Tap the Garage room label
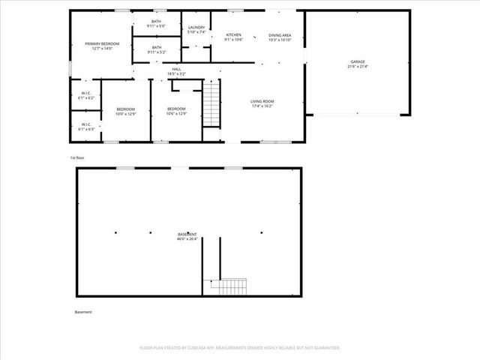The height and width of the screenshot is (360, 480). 358,61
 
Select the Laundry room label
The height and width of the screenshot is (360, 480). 196,29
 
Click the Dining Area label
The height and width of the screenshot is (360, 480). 280,35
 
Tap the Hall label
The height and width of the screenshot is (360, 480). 176,70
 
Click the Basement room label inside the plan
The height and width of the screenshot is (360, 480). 187,234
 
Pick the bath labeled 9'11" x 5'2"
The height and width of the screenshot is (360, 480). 156,49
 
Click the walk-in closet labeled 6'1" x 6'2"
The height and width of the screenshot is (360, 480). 85,95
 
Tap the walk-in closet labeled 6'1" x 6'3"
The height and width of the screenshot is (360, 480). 85,126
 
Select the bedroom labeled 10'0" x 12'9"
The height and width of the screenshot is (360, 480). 125,112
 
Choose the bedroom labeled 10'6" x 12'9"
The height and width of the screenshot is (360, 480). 176,112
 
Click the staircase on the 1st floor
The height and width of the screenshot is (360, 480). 214,104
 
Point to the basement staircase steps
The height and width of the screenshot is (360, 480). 229,286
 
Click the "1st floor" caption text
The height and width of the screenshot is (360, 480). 78,158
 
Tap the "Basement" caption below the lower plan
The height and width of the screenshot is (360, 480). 83,312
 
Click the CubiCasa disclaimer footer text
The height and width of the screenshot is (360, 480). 240,348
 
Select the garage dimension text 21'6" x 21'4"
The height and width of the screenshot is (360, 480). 358,66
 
